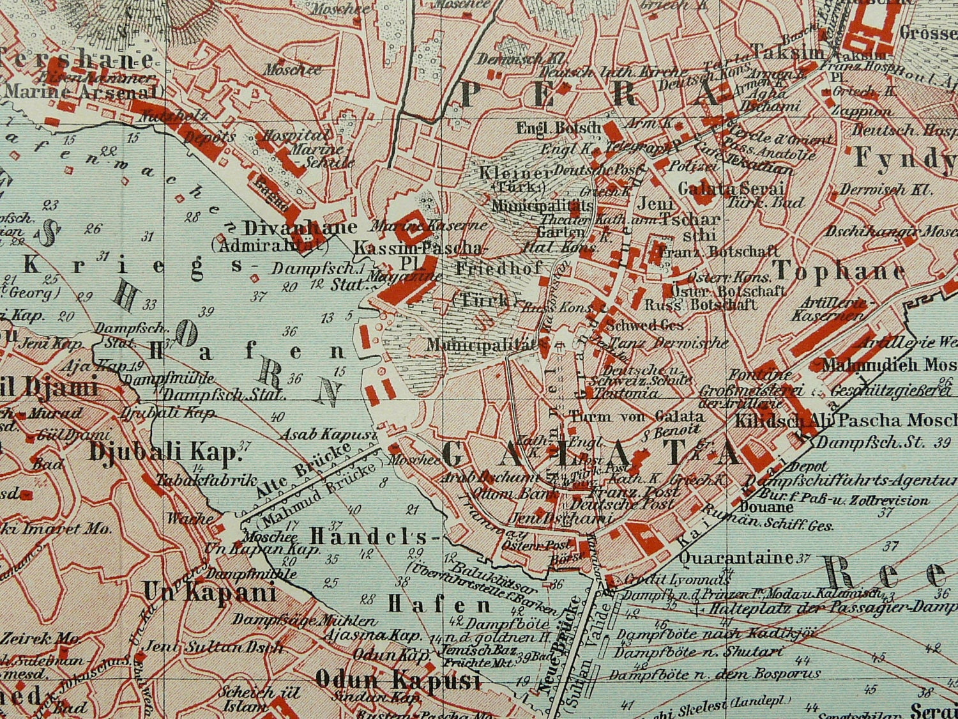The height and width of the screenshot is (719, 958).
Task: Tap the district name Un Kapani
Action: tap(209, 593)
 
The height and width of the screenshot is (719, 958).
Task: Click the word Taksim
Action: tap(787, 52)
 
